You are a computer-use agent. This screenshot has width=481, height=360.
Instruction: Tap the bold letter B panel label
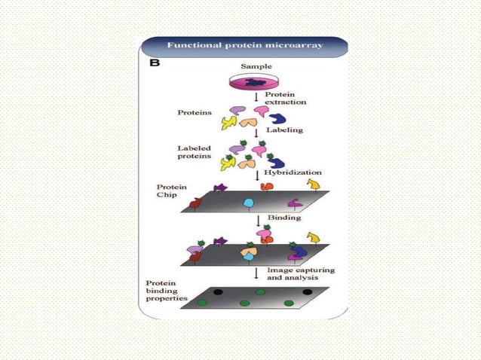[x=155, y=64]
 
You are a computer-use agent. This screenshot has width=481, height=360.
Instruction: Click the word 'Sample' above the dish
[x=256, y=67]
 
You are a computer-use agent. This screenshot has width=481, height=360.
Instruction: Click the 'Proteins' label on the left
[x=195, y=113]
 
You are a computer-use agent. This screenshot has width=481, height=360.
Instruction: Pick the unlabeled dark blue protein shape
[x=278, y=119]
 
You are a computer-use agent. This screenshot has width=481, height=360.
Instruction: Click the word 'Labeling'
[x=285, y=130]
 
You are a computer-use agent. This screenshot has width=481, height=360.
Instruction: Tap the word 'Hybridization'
[x=293, y=172]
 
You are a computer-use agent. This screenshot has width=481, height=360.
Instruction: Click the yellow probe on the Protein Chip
[x=312, y=185]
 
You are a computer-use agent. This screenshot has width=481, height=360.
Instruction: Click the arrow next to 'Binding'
[x=259, y=220]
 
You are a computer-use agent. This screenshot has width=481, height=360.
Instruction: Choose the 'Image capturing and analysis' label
[x=300, y=274]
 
